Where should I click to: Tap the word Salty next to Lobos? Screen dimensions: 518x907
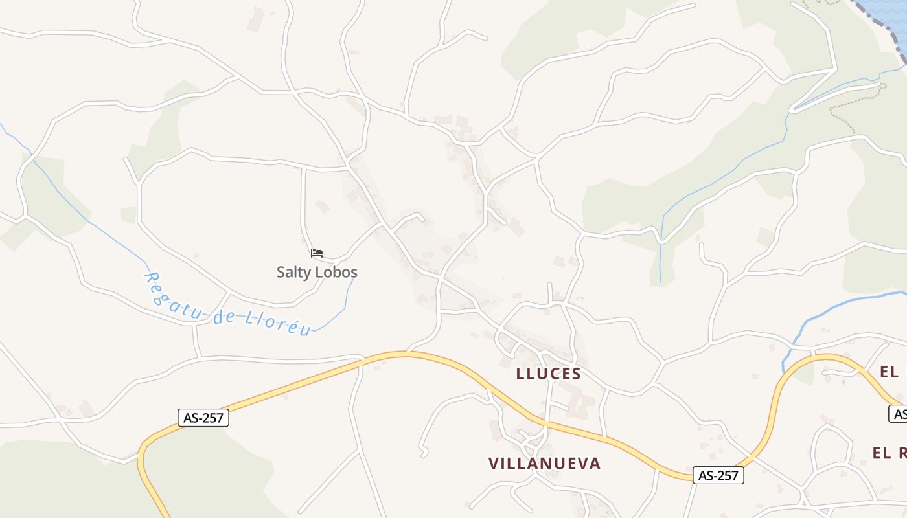point(295,272)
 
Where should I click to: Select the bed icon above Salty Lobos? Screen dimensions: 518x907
point(317,253)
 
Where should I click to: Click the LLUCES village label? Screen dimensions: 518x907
point(548,374)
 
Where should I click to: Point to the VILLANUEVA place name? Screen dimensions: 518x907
point(544,464)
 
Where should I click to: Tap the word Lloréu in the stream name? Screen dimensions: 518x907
point(278,324)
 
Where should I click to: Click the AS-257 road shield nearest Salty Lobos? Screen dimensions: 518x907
point(203,418)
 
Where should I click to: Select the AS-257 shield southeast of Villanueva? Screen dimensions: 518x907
point(718,475)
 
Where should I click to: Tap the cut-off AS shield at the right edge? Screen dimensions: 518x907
point(898,414)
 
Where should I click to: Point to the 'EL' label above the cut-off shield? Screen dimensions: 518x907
point(889,372)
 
